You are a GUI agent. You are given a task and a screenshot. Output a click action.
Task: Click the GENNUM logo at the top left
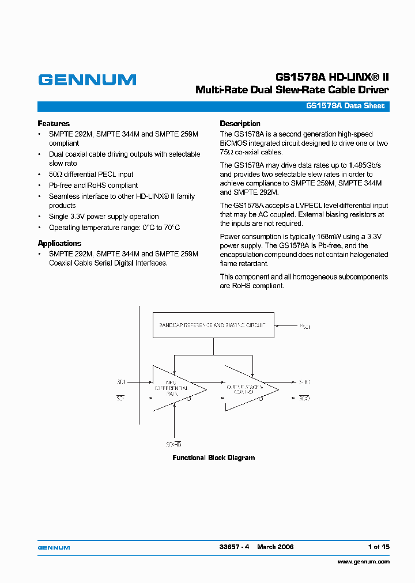pyautogui.click(x=87, y=80)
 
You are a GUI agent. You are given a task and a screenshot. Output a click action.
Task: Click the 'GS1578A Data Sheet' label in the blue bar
pyautogui.click(x=345, y=106)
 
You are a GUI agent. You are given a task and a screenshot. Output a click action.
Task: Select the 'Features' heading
pyautogui.click(x=54, y=123)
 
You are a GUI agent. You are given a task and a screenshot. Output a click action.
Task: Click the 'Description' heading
pyautogui.click(x=240, y=123)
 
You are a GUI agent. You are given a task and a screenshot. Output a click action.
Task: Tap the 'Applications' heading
pyautogui.click(x=59, y=243)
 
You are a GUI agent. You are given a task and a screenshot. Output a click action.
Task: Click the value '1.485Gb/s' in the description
pyautogui.click(x=365, y=165)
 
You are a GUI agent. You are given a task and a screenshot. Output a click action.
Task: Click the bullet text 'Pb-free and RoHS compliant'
pyautogui.click(x=93, y=185)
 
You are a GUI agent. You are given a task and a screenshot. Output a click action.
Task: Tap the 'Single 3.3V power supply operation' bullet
pyautogui.click(x=104, y=217)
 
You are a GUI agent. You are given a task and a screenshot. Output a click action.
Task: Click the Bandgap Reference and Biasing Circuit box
pyautogui.click(x=213, y=325)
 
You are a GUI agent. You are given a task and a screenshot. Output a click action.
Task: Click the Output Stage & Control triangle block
pyautogui.click(x=248, y=388)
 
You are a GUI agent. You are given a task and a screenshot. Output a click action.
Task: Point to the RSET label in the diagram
pyautogui.click(x=305, y=327)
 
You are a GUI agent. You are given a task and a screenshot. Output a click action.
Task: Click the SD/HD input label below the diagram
pyautogui.click(x=173, y=444)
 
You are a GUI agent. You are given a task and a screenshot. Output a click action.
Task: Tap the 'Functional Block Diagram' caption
pyautogui.click(x=214, y=457)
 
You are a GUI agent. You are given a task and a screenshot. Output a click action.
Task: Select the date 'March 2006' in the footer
pyautogui.click(x=276, y=547)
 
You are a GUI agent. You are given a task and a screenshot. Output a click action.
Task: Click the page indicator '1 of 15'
pyautogui.click(x=378, y=547)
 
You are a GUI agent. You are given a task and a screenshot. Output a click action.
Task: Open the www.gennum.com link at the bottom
pyautogui.click(x=363, y=562)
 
